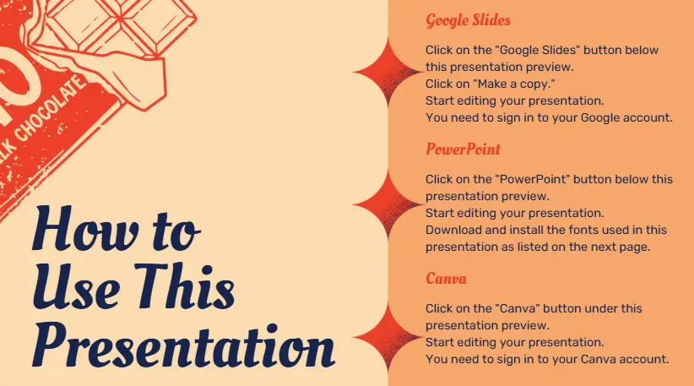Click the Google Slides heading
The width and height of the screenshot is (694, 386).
coord(468,20)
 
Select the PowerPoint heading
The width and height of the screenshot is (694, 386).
coord(463,150)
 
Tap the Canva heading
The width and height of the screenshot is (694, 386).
coord(446,278)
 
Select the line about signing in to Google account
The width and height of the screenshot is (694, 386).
coord(549,117)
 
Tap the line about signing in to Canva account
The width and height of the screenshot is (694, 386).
coord(547,359)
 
